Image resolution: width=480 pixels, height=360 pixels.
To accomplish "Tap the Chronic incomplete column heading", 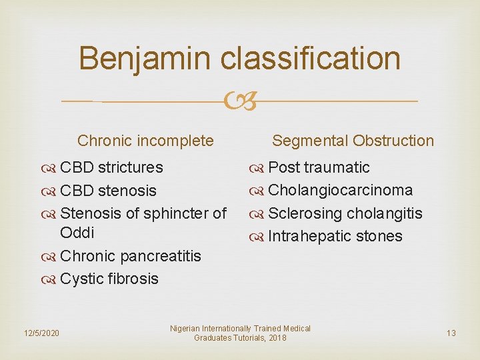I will tap(145, 141).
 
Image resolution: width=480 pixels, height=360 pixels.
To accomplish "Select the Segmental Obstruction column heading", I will tap(353, 141).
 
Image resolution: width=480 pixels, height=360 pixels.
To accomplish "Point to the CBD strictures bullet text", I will tap(111, 167).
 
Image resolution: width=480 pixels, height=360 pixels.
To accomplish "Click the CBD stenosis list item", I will tap(108, 191).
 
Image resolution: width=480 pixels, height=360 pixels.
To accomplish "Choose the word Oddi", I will tap(77, 233).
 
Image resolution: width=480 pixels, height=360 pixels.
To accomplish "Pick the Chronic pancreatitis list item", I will tap(130, 256).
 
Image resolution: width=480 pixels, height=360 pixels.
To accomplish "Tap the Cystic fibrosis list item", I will tap(109, 279).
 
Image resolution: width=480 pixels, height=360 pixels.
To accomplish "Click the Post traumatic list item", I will tap(318, 167).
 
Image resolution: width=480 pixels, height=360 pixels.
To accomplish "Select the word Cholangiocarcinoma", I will tap(340, 190).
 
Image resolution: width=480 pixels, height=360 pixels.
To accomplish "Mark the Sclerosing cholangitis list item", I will tap(345, 213).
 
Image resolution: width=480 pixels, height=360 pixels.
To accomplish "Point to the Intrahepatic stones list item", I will tap(335, 236).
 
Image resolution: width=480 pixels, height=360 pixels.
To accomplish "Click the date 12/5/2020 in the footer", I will tap(41, 333).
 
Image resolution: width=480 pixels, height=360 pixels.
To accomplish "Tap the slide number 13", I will tap(451, 333).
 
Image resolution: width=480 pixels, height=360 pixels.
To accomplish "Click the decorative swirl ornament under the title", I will tap(240, 101).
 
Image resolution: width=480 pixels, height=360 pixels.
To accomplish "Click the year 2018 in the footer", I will tap(275, 338).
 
